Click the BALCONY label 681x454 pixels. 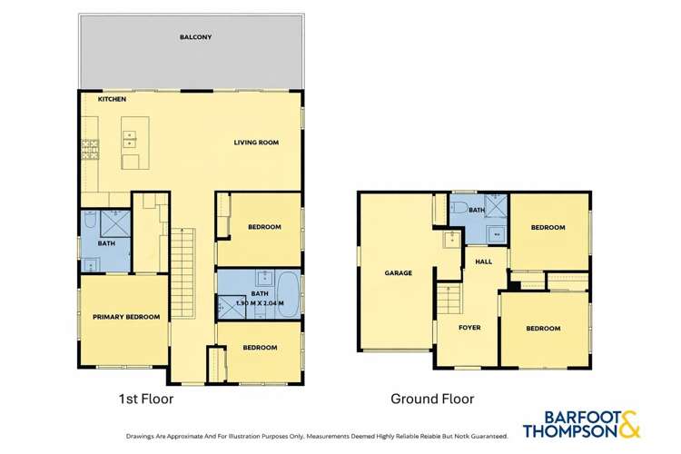[x=195, y=37]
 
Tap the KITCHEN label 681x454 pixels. [x=112, y=99]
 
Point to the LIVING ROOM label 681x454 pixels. [x=256, y=142]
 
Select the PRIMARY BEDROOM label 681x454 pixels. [x=126, y=317]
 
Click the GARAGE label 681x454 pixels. [x=399, y=272]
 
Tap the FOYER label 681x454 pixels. [x=469, y=328]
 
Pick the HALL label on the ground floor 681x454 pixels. [x=483, y=262]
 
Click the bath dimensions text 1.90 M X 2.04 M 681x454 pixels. [x=260, y=302]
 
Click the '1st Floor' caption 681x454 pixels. [x=146, y=399]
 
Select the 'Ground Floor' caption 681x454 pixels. [x=432, y=399]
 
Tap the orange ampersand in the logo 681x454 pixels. [x=629, y=424]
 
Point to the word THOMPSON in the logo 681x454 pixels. [x=570, y=431]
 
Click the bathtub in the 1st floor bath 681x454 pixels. [x=289, y=295]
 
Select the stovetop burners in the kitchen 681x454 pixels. [x=90, y=149]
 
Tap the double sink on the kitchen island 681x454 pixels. [x=130, y=139]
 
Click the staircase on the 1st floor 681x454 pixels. [x=183, y=272]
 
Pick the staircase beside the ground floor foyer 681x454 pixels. [x=449, y=299]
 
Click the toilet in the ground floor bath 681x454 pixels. [x=459, y=207]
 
